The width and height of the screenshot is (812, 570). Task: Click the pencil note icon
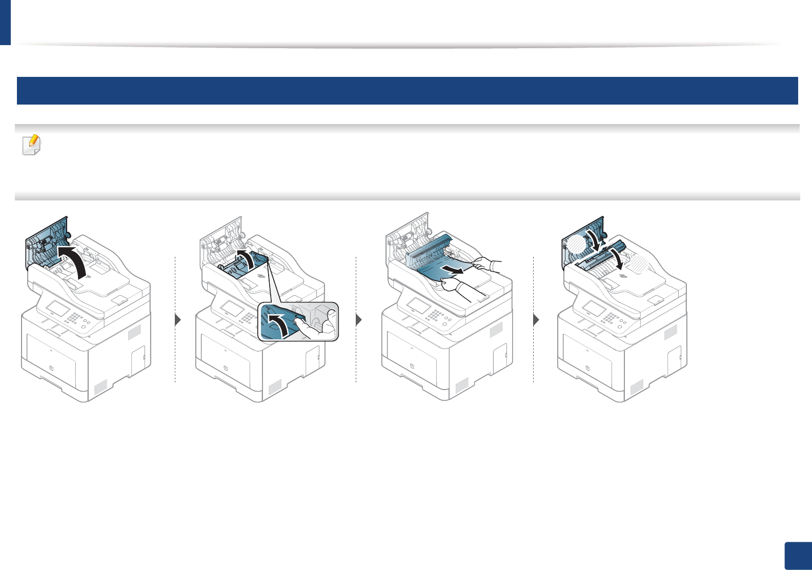[x=32, y=145]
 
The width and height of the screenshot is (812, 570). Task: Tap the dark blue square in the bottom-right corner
[x=798, y=556]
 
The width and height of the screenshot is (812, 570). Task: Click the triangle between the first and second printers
[x=178, y=320]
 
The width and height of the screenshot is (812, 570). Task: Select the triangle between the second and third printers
[x=358, y=320]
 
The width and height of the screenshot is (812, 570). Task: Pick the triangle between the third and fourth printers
[x=536, y=320]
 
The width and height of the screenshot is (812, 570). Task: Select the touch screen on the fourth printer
[x=594, y=309]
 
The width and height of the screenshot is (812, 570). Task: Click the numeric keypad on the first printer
[x=74, y=318]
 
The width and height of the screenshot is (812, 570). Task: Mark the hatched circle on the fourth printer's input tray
[x=638, y=264]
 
